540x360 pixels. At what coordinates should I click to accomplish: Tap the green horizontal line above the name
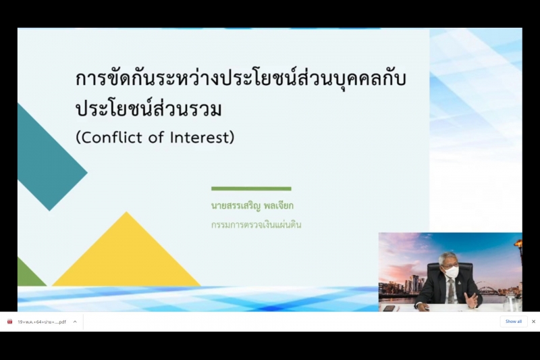(x=251, y=188)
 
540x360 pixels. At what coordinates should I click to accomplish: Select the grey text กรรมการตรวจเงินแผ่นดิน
(x=256, y=225)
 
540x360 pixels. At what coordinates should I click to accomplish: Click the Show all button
(x=513, y=322)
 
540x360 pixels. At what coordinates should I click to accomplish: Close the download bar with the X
(x=533, y=322)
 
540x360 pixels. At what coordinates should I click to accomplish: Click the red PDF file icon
(x=9, y=322)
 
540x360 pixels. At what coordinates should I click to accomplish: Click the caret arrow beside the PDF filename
(x=75, y=322)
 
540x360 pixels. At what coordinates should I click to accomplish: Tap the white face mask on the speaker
(x=452, y=272)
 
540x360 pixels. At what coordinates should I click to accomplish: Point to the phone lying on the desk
(x=389, y=308)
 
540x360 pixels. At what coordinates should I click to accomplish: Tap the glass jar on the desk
(x=511, y=303)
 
